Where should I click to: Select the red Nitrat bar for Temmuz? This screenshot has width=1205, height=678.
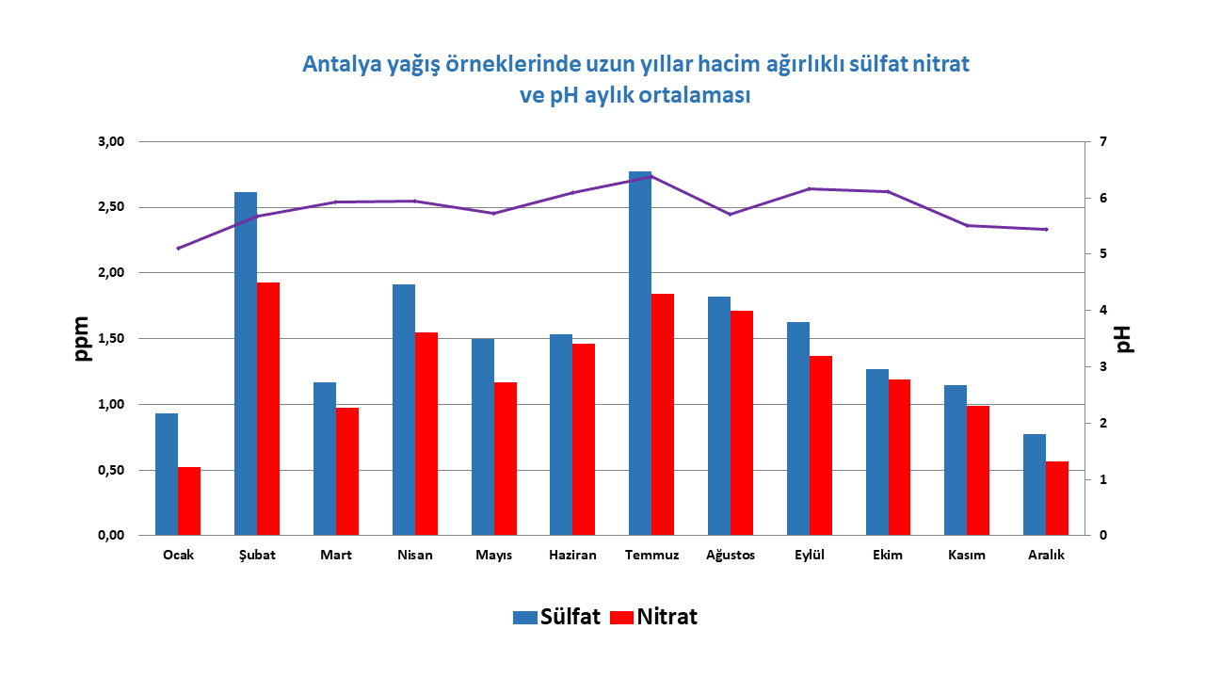coord(663,414)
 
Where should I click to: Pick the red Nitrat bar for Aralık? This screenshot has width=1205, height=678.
coord(1057,498)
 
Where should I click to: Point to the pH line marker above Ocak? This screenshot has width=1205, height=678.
coord(178,248)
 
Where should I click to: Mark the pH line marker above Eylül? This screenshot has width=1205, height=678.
coord(810,189)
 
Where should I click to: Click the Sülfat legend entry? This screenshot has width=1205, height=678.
coord(556,618)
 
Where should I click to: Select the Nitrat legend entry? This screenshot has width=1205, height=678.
coord(654,618)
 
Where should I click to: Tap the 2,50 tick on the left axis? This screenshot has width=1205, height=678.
coord(111,207)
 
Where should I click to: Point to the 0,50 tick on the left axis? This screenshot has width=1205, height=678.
coord(111,470)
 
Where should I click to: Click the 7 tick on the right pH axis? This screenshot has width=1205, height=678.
coord(1101,142)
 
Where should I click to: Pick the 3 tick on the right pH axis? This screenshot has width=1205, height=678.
coord(1101,367)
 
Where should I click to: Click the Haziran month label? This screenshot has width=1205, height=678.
coord(572,556)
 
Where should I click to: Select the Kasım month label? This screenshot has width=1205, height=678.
coord(967,556)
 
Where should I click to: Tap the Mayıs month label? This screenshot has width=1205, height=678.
coord(494,556)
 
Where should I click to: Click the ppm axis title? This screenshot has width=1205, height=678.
coord(84,339)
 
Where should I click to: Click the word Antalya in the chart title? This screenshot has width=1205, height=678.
coord(336,65)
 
